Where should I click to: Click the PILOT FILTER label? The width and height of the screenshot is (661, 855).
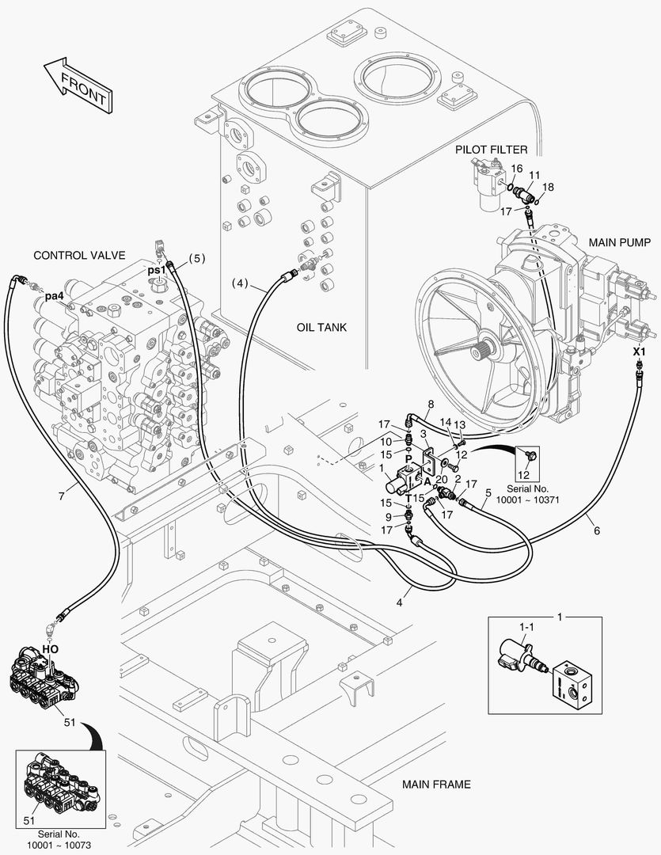(x=491, y=149)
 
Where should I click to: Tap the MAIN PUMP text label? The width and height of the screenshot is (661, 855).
(x=617, y=241)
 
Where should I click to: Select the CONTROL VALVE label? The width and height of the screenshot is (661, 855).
(x=79, y=255)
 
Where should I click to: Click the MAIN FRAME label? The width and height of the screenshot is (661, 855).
(x=436, y=785)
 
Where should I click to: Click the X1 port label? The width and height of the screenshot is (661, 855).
(x=640, y=351)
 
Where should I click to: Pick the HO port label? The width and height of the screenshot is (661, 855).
(x=50, y=648)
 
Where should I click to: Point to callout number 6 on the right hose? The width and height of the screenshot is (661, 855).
(x=596, y=531)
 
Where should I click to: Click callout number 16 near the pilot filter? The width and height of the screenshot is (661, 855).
(x=516, y=169)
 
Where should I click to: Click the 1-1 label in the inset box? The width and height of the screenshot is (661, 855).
(x=526, y=627)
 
